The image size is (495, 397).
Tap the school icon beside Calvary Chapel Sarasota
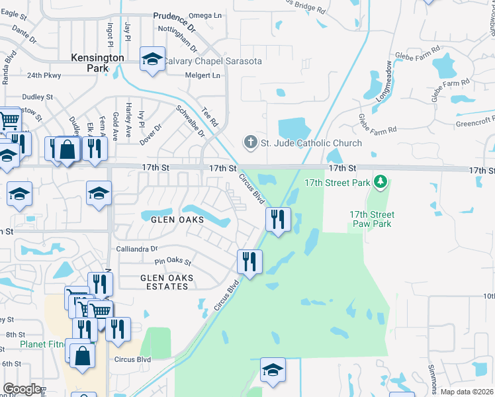pos(152,59)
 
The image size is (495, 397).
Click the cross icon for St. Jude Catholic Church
pos(250,142)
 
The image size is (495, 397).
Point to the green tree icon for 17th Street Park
pos(380,181)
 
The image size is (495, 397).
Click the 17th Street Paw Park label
pos(372,219)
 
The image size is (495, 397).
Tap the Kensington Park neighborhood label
pos(97,63)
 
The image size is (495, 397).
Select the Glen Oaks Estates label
pos(164,282)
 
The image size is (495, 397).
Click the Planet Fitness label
pos(42,345)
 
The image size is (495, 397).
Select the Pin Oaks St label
pos(173,262)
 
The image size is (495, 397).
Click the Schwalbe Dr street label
pos(190,120)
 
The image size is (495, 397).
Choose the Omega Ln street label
pos(206,15)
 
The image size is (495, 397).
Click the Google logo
pos(22,388)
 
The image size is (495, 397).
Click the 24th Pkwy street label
pos(44,75)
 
